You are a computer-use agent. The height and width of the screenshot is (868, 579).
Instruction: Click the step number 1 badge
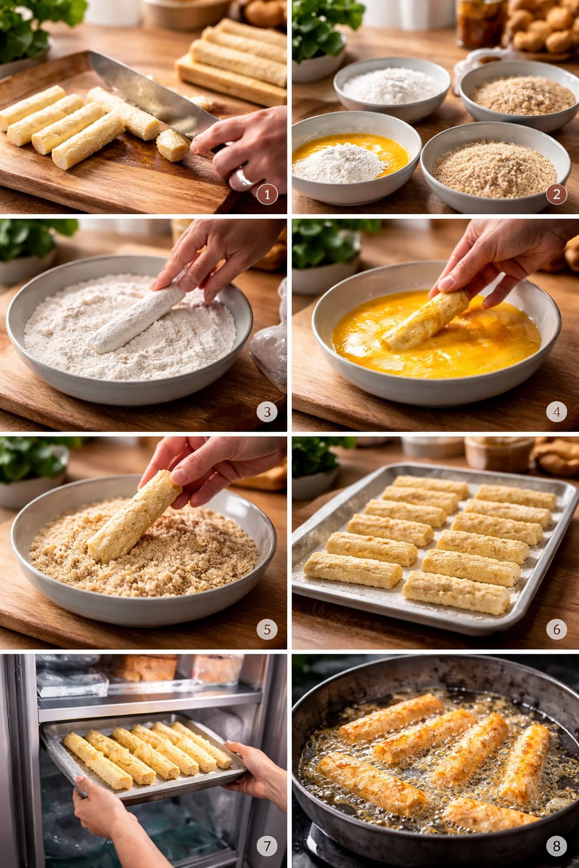[x=267, y=195]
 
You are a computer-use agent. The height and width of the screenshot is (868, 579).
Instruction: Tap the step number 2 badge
[x=556, y=195]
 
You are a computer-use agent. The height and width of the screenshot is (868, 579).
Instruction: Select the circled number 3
[x=267, y=412]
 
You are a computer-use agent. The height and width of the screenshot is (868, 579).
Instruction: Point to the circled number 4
[x=556, y=412]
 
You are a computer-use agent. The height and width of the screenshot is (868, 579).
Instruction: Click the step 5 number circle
[x=267, y=629]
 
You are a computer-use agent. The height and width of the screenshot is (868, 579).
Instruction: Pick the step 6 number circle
[x=556, y=629]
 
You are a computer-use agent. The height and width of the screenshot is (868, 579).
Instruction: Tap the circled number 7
[x=267, y=846]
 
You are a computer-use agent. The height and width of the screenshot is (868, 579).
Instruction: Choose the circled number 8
[x=556, y=846]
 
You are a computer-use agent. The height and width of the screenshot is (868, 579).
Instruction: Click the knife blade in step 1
[x=147, y=96]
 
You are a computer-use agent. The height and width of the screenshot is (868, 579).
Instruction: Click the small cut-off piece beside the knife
[x=172, y=145]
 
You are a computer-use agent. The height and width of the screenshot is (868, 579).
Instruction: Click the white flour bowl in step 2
[x=392, y=88]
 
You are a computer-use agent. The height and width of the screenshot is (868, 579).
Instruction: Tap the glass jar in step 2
[x=481, y=23]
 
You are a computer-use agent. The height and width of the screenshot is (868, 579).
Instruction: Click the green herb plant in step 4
[x=322, y=243]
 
